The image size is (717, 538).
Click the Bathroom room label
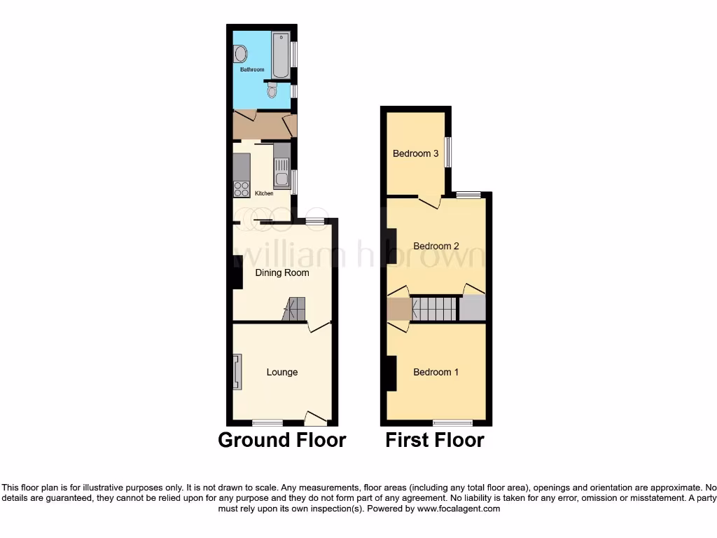tap(252, 70)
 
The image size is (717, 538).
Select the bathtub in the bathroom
tap(281, 55)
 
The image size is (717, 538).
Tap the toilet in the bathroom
tap(272, 91)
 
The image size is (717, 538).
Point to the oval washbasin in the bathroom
tap(240, 54)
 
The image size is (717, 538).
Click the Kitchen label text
tap(264, 193)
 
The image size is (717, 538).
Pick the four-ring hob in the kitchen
tap(242, 188)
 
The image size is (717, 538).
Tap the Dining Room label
tap(282, 273)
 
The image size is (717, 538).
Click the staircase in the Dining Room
tap(295, 309)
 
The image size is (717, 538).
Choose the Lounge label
tap(282, 372)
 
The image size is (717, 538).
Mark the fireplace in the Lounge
tap(237, 371)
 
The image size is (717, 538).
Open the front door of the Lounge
tap(316, 418)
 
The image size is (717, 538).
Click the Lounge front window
tap(267, 422)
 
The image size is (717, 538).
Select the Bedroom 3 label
tap(416, 153)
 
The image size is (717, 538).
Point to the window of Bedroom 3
tap(449, 152)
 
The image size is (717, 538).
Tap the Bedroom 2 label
tap(436, 246)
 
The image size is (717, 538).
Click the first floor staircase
tap(434, 309)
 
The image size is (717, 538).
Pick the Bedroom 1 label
tap(436, 372)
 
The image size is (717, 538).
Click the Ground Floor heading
tap(282, 440)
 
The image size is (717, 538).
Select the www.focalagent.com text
tap(458, 509)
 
